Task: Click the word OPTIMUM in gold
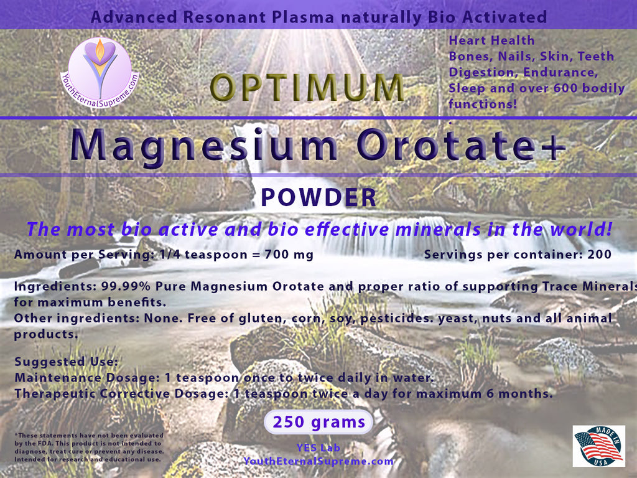307,87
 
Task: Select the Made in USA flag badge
599,446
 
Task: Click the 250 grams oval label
318,422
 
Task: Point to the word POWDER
318,197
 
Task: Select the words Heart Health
491,40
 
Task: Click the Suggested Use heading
66,362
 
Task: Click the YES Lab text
318,448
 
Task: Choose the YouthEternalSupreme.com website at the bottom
318,461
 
